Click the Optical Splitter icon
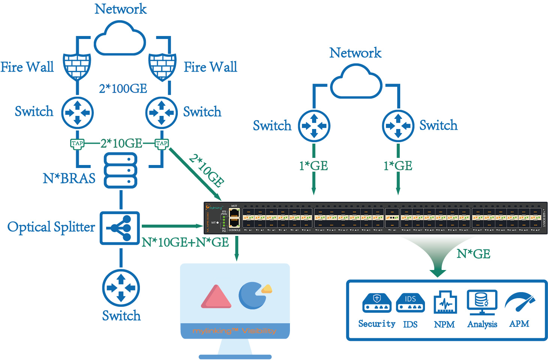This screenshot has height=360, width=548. pos(120,228)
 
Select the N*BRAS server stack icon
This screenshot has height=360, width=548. pos(120,170)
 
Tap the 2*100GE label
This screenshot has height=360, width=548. pos(123,89)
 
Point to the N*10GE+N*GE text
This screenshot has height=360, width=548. pos(185,243)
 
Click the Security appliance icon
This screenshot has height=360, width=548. pos(377,303)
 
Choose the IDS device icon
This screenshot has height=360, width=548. pos(410,303)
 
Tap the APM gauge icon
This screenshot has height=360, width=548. pos(519,302)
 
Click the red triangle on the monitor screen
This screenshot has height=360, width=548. pos(216,297)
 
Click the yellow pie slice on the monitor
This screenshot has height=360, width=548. pos(267,288)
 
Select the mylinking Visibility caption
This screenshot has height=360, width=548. pos(234,331)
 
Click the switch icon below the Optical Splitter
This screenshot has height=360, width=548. pos(121,288)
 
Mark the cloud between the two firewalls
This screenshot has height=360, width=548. pos(119,39)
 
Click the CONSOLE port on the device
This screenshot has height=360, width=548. pos(234,223)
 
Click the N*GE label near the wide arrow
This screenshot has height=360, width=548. pos(473,254)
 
